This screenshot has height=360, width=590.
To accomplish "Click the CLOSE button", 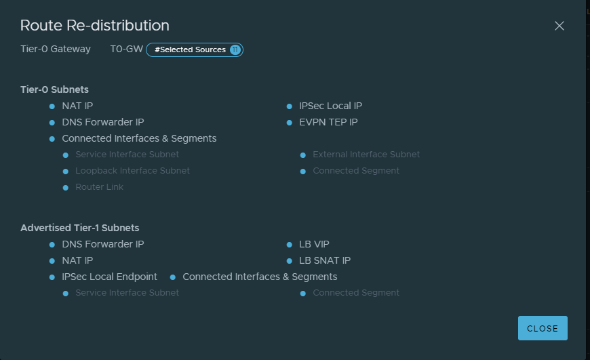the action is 543,328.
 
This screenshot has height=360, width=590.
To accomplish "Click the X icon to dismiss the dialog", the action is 559,26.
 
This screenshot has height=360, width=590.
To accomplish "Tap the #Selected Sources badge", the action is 195,49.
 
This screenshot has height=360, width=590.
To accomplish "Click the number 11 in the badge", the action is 235,49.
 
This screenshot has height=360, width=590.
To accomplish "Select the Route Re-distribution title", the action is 95,26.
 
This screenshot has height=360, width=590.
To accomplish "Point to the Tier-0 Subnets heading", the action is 54,89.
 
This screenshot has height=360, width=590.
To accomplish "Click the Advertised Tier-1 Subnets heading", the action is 80,228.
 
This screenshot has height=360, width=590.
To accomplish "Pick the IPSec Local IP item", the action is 331,106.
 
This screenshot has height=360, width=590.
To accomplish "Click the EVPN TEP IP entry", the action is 328,122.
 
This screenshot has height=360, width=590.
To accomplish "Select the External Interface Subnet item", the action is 366,155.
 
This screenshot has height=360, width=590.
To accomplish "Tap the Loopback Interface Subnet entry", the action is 132,171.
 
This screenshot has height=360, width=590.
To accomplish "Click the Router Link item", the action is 99,187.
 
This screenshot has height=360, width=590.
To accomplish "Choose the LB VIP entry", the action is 314,244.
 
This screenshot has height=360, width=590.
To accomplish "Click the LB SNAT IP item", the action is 325,260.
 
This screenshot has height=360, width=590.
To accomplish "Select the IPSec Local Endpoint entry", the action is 109,277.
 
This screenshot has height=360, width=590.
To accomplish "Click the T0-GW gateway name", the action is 126,49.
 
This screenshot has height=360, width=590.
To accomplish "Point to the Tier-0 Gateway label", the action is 56,49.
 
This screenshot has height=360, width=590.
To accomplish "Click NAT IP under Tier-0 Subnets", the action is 77,106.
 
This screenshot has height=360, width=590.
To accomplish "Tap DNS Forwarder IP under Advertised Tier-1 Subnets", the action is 103,244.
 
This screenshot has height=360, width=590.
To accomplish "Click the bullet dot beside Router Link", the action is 66,188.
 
